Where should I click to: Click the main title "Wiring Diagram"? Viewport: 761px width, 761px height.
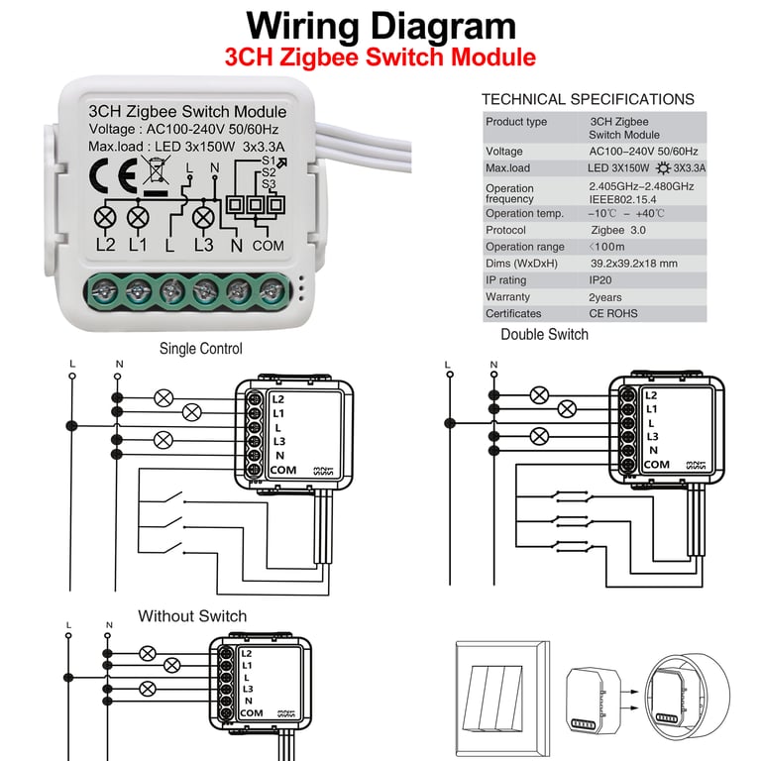(x=380, y=26)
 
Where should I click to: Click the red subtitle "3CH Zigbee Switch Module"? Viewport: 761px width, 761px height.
(x=380, y=57)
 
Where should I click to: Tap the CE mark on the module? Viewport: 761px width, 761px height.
(x=106, y=177)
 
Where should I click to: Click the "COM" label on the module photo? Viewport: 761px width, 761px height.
(x=268, y=245)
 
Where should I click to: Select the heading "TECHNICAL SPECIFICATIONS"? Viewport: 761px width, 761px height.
(x=588, y=99)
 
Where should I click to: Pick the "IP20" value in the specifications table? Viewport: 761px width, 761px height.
(x=604, y=280)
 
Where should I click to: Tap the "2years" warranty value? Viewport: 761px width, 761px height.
(x=606, y=297)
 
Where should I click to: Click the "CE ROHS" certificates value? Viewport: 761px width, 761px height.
(x=613, y=314)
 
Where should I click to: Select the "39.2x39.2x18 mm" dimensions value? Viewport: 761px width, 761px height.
(x=634, y=264)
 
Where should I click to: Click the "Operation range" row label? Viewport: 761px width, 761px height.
(x=525, y=247)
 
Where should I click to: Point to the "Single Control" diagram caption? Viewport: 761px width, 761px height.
(x=200, y=349)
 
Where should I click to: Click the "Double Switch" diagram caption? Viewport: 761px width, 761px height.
(x=544, y=334)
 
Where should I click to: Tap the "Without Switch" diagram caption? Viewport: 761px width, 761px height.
(x=192, y=616)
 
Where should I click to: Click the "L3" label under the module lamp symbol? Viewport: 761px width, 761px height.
(x=204, y=245)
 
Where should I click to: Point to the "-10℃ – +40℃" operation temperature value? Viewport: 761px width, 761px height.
(x=626, y=213)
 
